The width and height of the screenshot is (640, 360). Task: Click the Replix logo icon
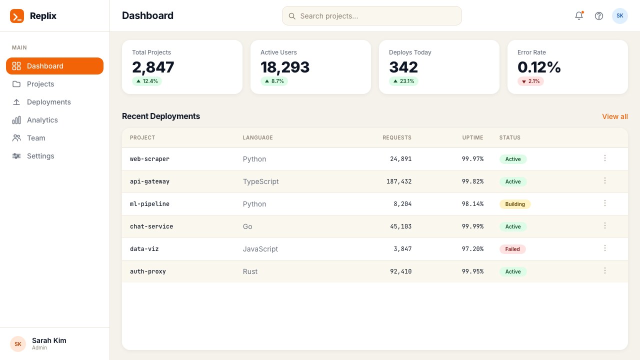(17, 15)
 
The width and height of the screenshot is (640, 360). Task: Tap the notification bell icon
(579, 15)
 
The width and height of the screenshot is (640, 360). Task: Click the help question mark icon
(599, 16)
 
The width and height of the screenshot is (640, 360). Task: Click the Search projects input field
(371, 15)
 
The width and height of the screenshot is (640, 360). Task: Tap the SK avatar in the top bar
(619, 15)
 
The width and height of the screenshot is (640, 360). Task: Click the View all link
(615, 116)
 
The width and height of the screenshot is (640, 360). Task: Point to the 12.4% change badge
(147, 81)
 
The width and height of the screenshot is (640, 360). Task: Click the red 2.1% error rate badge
(530, 81)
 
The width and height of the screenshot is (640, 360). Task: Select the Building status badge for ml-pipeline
(515, 204)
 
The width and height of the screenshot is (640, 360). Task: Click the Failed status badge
(512, 249)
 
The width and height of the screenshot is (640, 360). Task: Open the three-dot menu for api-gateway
(605, 180)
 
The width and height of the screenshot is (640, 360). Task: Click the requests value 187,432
(399, 181)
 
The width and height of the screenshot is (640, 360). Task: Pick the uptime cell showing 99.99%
(472, 226)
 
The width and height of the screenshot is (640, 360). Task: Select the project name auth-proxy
(148, 271)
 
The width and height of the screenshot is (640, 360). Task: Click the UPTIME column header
(472, 137)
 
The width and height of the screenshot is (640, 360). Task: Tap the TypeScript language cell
(260, 181)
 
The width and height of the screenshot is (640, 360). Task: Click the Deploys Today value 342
(403, 67)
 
